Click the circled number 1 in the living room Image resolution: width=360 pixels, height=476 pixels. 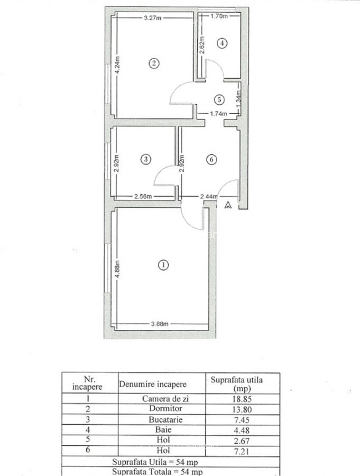(x=164, y=265)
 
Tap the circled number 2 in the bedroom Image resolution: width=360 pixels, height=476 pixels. (x=153, y=63)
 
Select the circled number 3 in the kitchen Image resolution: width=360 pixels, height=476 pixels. (x=146, y=159)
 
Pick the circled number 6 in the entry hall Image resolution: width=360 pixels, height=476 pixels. (x=210, y=159)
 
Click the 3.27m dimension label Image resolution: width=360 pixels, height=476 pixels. (x=153, y=17)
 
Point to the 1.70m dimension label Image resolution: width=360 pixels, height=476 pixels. (x=219, y=16)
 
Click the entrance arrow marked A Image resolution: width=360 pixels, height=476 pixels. (x=228, y=205)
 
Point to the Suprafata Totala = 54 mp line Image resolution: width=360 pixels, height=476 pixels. (x=156, y=471)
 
